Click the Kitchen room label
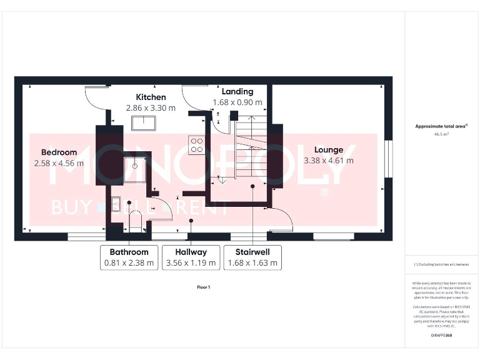151,97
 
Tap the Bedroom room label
59,152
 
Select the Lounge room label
329,149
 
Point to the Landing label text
237,91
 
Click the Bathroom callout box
128,257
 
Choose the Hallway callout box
191,257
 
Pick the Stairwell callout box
252,257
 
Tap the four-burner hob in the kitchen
197,145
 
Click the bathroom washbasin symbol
116,204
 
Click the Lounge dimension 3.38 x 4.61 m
329,161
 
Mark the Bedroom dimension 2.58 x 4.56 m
59,163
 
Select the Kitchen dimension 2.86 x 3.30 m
151,107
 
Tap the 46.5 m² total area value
441,134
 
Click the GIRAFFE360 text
441,336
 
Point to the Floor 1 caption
204,287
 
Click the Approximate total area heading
441,126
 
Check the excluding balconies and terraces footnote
441,264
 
